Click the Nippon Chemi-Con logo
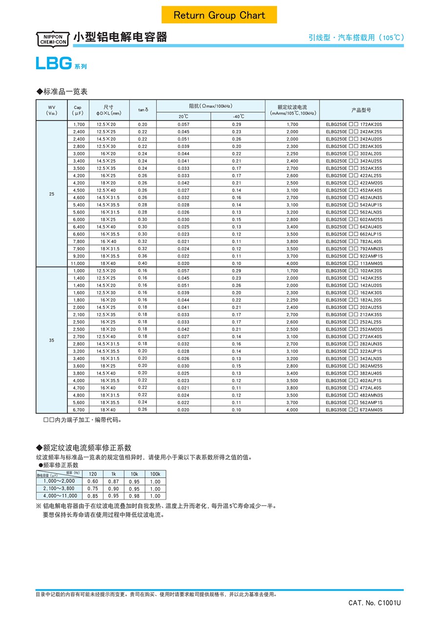click(53, 39)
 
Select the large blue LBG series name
click(54, 63)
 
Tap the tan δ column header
click(143, 110)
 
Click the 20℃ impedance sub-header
click(183, 117)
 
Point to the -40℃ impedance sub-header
click(238, 117)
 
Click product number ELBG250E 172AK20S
click(354, 124)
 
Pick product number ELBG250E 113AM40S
click(354, 263)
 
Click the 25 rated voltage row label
click(52, 194)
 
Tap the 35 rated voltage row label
click(52, 340)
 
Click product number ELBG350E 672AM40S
click(354, 410)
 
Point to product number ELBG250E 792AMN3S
click(354, 249)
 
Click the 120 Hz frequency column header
click(93, 474)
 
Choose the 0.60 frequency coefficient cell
click(93, 481)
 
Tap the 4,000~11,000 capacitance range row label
click(59, 496)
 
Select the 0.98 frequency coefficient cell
click(134, 496)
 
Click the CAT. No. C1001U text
click(375, 603)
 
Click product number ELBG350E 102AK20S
click(354, 271)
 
